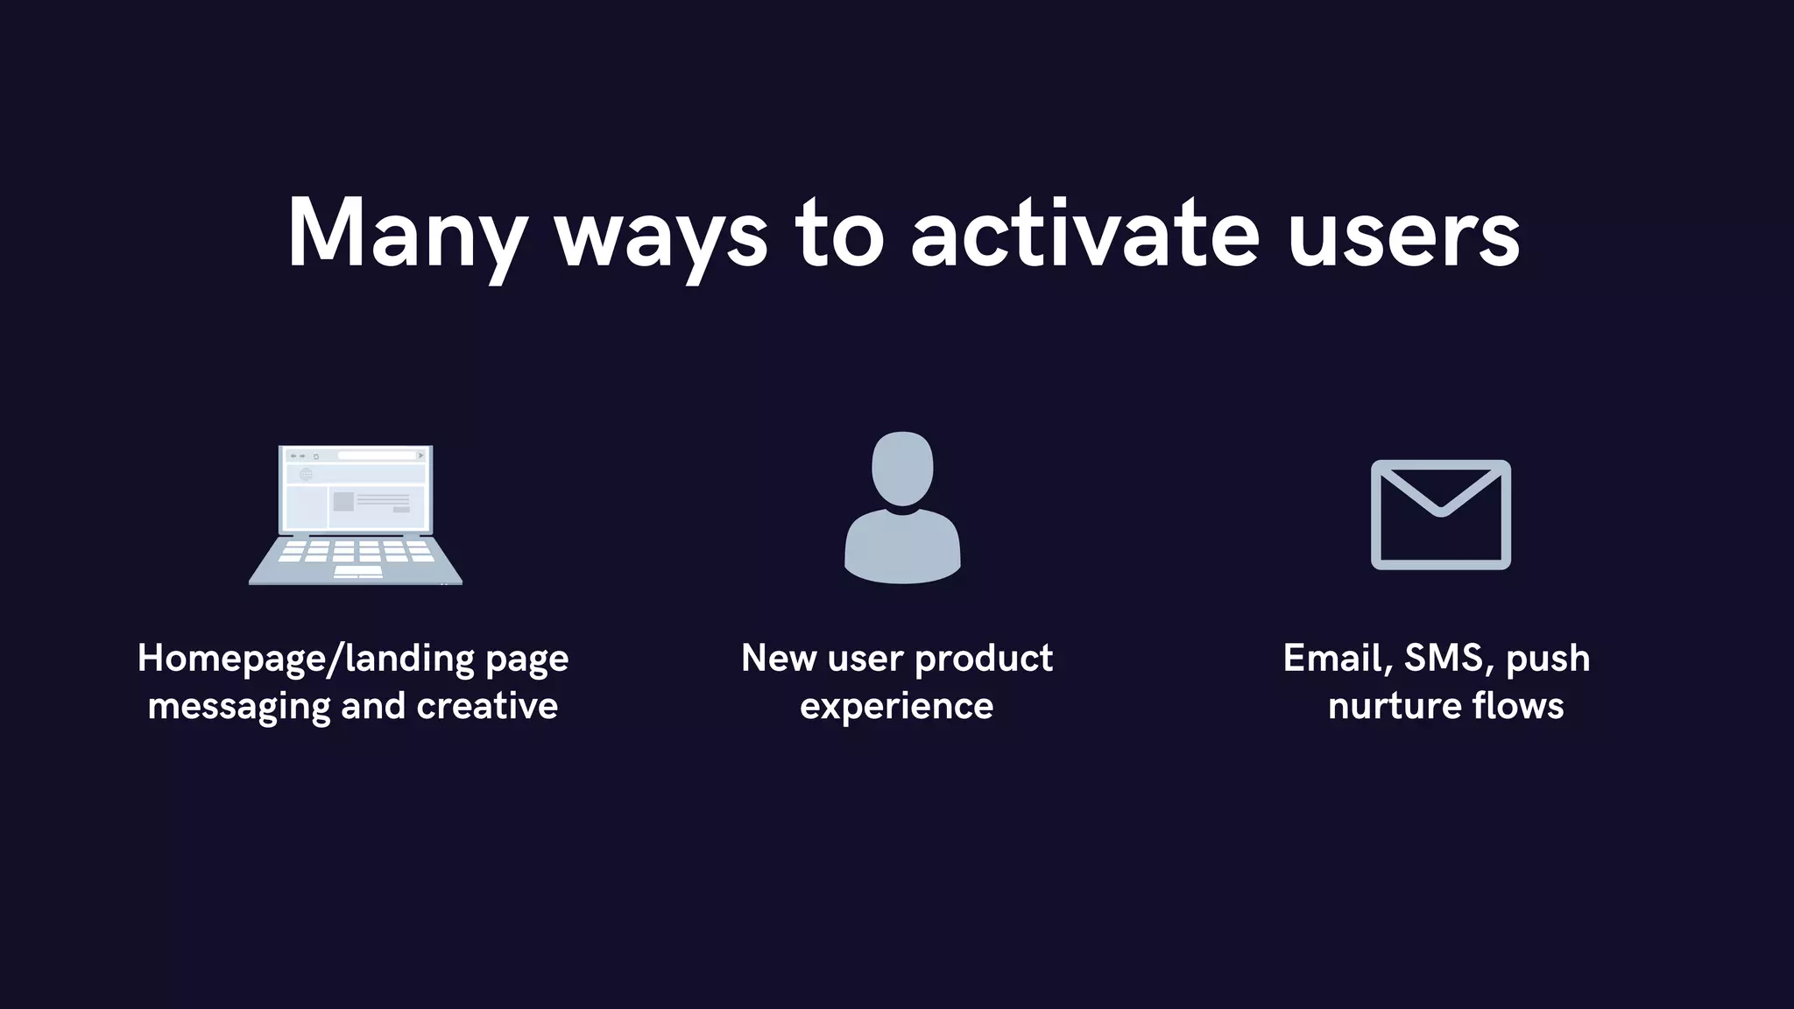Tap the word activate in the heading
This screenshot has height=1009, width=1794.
pos(1084,233)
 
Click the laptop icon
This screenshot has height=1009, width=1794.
pos(356,514)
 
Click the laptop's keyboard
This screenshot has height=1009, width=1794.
pos(356,557)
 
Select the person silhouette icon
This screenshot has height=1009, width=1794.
pos(902,508)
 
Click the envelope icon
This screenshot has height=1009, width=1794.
pos(1440,514)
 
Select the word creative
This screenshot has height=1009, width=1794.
pos(487,706)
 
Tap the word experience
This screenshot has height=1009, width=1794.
pos(896,706)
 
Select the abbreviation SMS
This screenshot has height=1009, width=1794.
pos(1448,659)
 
